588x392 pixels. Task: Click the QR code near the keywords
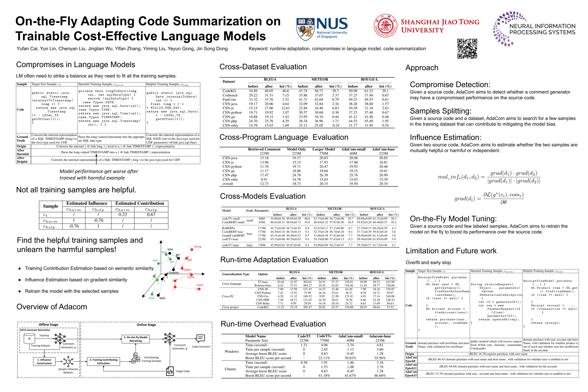pyautogui.click(x=467, y=48)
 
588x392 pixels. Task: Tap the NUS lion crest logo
pyautogui.click(x=305, y=29)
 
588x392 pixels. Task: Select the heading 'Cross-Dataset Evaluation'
pyautogui.click(x=263, y=67)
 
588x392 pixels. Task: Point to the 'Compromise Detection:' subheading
pyautogui.click(x=450, y=84)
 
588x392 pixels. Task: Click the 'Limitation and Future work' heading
pyautogui.click(x=451, y=251)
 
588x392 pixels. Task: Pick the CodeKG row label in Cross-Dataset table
pyautogui.click(x=229, y=91)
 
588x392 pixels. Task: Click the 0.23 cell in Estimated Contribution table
pyautogui.click(x=123, y=215)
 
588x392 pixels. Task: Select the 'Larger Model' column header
pyautogui.click(x=323, y=149)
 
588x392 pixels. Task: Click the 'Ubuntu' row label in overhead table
pyautogui.click(x=230, y=369)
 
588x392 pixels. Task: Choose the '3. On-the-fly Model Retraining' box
pyautogui.click(x=135, y=339)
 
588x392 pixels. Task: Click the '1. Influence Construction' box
pyautogui.click(x=44, y=361)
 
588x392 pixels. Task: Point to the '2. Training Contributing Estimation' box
pyautogui.click(x=103, y=361)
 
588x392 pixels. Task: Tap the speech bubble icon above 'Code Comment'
pyautogui.click(x=200, y=339)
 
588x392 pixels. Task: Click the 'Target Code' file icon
pyautogui.click(x=170, y=371)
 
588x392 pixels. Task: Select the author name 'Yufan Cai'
pyautogui.click(x=27, y=49)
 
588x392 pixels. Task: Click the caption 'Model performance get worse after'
pyautogui.click(x=99, y=172)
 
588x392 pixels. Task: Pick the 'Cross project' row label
pyautogui.click(x=230, y=307)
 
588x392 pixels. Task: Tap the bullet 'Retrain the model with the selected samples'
pyautogui.click(x=72, y=291)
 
